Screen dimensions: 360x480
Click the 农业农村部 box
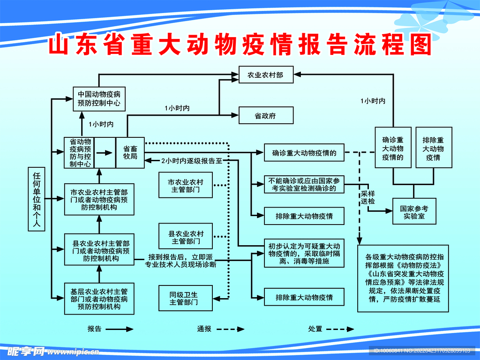coord(266,75)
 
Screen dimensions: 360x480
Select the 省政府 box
coord(266,115)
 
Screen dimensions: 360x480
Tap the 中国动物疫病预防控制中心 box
coord(99,98)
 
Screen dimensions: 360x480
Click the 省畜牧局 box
coord(130,152)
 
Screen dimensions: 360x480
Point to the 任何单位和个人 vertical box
coord(37,200)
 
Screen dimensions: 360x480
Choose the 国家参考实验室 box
coord(414,212)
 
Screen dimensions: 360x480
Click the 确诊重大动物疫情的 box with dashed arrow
coord(304,152)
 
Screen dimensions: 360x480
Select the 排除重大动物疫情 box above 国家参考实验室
coord(434,147)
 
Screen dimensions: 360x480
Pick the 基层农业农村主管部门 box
coord(99,299)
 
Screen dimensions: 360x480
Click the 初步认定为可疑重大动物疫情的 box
coord(304,254)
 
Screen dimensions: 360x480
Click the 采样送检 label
coord(368,197)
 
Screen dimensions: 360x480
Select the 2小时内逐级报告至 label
coord(191,160)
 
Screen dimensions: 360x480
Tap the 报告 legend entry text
coord(94,329)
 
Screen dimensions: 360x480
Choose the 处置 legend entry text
coord(315,329)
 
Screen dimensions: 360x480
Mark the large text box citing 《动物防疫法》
coord(403,278)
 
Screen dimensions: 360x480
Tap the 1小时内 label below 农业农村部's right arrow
coord(373,101)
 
